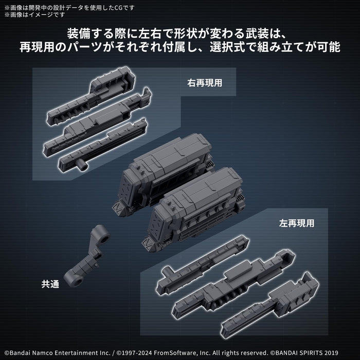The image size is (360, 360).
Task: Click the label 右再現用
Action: (x=204, y=81)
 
